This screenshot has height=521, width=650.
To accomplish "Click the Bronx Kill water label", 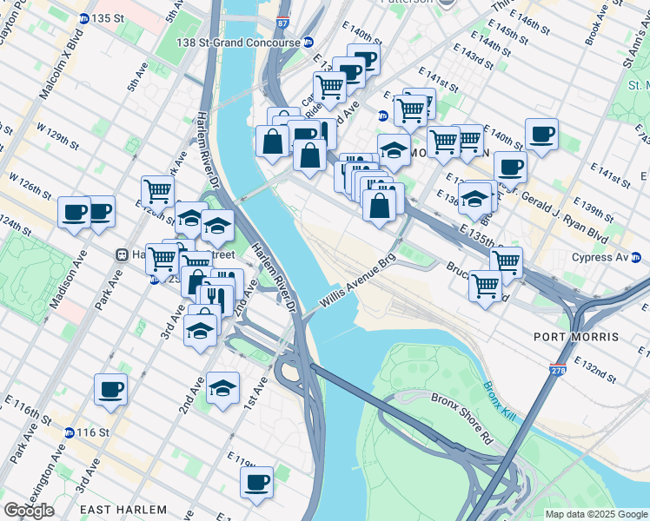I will [500, 402].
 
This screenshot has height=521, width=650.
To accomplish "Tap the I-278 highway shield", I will [554, 371].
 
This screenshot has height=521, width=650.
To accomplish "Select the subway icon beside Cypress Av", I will [636, 258].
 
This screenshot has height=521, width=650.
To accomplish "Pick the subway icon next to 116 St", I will [69, 432].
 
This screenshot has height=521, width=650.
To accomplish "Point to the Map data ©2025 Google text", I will [596, 514].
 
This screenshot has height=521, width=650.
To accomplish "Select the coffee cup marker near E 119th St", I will [256, 482].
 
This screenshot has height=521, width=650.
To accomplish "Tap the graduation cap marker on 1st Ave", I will [223, 387].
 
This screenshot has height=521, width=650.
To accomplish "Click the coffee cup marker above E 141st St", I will [541, 134].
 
